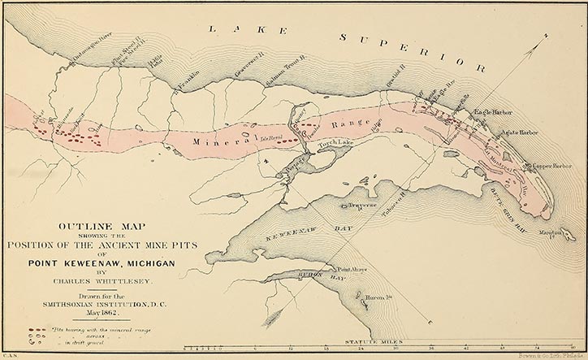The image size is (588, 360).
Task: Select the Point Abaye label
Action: tap(353, 268)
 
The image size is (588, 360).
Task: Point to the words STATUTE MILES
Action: tap(373, 343)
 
